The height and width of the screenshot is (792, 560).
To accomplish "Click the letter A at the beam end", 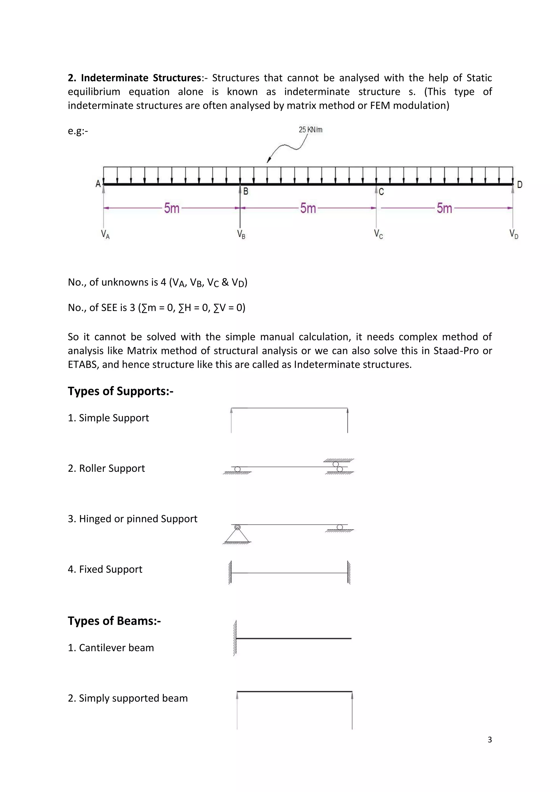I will click(x=98, y=184).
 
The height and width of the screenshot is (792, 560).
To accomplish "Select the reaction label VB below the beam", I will click(x=241, y=234).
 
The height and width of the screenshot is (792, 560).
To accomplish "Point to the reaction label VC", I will click(x=378, y=234).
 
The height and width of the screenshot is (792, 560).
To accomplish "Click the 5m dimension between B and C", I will click(x=308, y=208).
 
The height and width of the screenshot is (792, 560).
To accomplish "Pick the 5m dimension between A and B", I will click(x=171, y=208).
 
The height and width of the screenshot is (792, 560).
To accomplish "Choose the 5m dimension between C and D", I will click(x=444, y=208).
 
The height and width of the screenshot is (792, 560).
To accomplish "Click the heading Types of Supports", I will click(x=120, y=391).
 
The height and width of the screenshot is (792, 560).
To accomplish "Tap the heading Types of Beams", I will click(x=114, y=621).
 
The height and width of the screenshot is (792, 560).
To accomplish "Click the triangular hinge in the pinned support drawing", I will click(x=237, y=535).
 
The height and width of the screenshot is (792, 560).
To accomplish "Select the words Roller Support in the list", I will click(x=112, y=468).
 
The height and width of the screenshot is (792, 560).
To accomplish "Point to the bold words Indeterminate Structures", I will click(x=141, y=78).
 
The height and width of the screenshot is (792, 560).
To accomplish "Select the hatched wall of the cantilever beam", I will click(x=235, y=638).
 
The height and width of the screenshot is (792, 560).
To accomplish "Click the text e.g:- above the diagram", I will click(x=78, y=131).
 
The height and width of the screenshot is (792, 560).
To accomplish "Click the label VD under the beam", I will click(x=514, y=234).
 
